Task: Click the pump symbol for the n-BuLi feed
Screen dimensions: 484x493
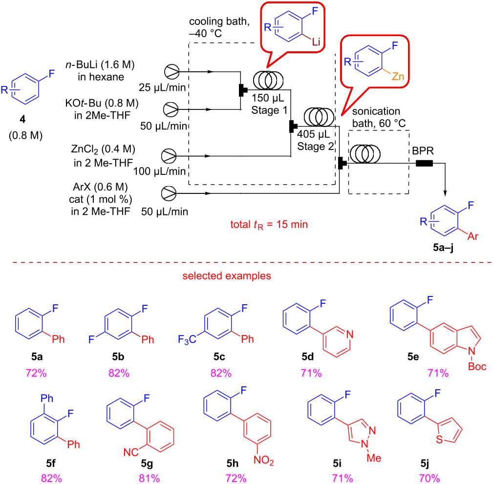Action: [x=171, y=71]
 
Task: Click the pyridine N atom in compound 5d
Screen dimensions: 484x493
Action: [x=347, y=334]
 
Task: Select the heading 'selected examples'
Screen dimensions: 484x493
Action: [x=227, y=276]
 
